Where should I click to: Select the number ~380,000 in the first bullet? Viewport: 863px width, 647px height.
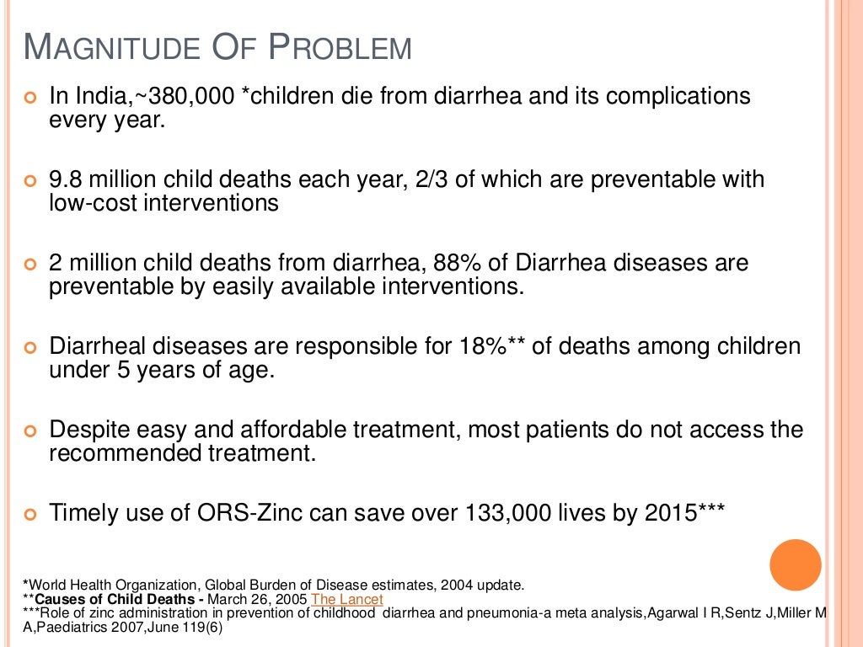click(175, 96)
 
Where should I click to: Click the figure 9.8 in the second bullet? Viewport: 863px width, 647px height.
click(66, 179)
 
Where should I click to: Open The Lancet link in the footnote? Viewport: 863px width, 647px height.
click(347, 599)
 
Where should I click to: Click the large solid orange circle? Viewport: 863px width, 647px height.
click(795, 564)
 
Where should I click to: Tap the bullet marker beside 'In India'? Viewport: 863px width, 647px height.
click(31, 98)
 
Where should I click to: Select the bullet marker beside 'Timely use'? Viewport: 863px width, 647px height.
click(31, 515)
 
